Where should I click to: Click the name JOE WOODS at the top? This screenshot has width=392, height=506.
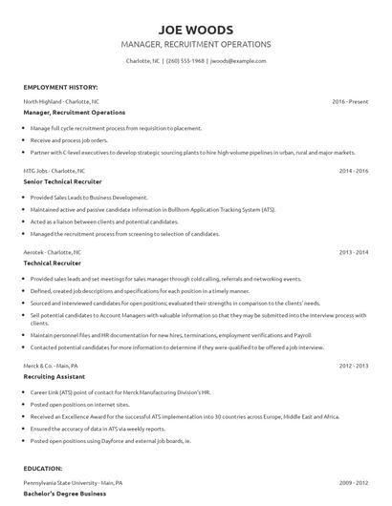pyautogui.click(x=196, y=29)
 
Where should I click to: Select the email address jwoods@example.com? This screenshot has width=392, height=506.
pyautogui.click(x=238, y=60)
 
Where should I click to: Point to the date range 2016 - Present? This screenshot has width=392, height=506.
pyautogui.click(x=350, y=100)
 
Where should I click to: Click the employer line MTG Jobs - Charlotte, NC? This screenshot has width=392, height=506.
pyautogui.click(x=55, y=170)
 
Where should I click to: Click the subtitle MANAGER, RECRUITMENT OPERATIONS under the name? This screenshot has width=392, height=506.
pyautogui.click(x=196, y=44)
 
